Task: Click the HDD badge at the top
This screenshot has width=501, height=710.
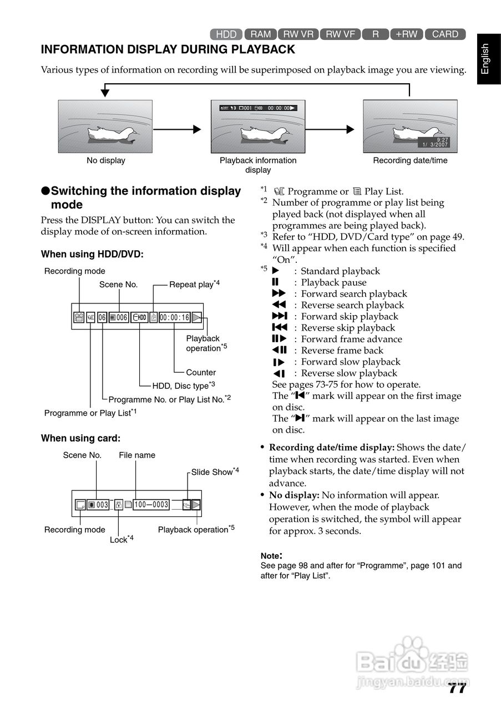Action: [226, 34]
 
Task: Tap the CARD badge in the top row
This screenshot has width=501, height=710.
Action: [445, 34]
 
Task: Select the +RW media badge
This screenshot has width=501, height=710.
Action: [406, 34]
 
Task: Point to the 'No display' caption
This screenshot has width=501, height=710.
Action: [105, 161]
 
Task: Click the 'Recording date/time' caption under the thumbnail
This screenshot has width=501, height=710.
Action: [410, 161]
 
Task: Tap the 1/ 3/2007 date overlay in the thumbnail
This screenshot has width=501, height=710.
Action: [435, 144]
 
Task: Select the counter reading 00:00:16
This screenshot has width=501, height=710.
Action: [174, 317]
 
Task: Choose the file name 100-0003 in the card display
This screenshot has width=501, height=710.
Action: [151, 505]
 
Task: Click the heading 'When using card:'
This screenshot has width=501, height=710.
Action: [80, 438]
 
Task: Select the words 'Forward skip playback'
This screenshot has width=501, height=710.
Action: [350, 317]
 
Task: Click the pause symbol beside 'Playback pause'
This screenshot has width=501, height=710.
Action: [275, 282]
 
